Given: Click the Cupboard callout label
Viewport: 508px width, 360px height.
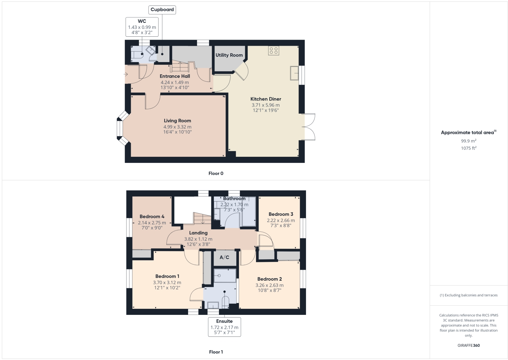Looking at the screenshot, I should (x=162, y=10).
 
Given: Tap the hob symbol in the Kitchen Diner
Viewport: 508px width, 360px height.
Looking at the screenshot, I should (x=274, y=51).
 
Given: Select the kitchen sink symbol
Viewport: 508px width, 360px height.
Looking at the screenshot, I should (x=294, y=73).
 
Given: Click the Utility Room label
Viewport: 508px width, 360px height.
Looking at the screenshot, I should (x=229, y=55).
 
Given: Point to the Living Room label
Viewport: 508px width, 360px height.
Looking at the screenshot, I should (x=177, y=120).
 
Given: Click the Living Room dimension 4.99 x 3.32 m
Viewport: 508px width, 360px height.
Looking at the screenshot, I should (x=177, y=127).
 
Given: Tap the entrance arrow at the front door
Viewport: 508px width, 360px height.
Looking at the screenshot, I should (x=126, y=74).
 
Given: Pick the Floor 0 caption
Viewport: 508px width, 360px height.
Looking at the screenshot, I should (x=216, y=173).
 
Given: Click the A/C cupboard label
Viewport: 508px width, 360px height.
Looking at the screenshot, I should (x=224, y=257).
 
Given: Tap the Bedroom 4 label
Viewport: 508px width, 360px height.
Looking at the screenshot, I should (x=152, y=216).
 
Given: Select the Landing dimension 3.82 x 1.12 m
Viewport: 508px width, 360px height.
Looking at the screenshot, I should (x=198, y=239).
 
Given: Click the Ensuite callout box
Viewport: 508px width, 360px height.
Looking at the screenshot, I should (x=224, y=327).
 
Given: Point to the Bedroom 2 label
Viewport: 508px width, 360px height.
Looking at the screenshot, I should (x=270, y=279).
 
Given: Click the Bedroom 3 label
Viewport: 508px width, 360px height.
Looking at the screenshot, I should (x=281, y=214).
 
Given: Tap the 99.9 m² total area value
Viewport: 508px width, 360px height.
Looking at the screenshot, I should (x=469, y=141).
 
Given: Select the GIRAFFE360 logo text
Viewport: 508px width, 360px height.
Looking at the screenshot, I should (x=469, y=345).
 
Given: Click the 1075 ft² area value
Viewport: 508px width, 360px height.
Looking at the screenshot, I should (x=469, y=148).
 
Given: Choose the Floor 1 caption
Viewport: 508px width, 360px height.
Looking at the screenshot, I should (x=216, y=352).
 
